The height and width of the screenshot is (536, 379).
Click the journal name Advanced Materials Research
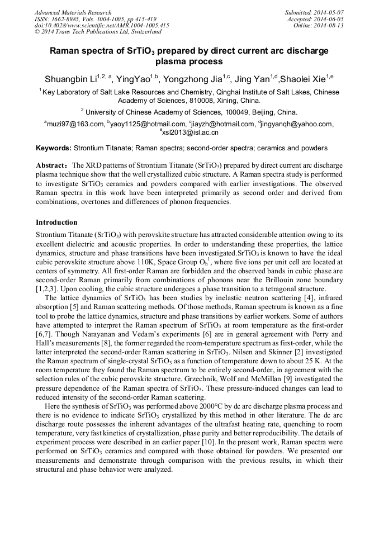(x=73, y=12)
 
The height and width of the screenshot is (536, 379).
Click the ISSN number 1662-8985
(x=65, y=18)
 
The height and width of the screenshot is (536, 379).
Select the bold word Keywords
(x=53, y=148)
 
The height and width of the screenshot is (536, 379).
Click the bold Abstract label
(x=52, y=166)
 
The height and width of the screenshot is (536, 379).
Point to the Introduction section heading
(x=56, y=222)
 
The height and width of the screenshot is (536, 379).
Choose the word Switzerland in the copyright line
(x=142, y=32)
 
